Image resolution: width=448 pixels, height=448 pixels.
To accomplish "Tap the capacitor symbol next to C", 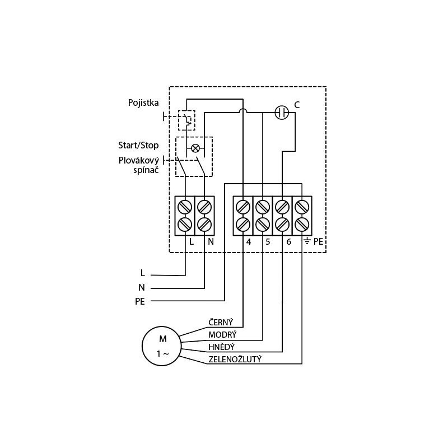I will pos(282,113).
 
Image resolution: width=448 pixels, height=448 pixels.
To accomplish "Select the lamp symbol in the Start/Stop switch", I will pos(195,148).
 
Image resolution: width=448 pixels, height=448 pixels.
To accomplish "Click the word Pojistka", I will pos(142,103).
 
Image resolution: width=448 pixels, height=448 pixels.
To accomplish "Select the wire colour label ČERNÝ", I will pos(221,323).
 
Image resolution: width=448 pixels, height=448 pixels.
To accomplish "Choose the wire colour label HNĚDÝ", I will pos(221,347).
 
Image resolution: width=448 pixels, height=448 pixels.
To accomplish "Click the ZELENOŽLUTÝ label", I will pos(235,359).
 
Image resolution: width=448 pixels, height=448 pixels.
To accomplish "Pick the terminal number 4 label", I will pos(248,242).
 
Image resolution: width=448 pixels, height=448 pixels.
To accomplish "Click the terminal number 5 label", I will pos(267,242).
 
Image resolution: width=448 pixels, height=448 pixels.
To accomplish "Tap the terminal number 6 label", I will pos(288,242).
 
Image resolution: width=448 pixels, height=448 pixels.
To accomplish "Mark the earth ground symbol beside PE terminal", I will pos(307,242).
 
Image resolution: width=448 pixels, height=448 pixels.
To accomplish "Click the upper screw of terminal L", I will pos(185,206).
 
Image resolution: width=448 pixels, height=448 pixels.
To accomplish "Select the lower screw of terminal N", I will pos(204,224).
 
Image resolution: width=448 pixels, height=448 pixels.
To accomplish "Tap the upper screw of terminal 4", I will pos(243,206).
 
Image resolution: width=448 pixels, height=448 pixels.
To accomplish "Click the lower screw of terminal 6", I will pos(282,224).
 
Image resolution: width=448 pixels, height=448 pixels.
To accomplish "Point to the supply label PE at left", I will pos(140,301).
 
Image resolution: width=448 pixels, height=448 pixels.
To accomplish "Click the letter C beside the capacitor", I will pos(297,105).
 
